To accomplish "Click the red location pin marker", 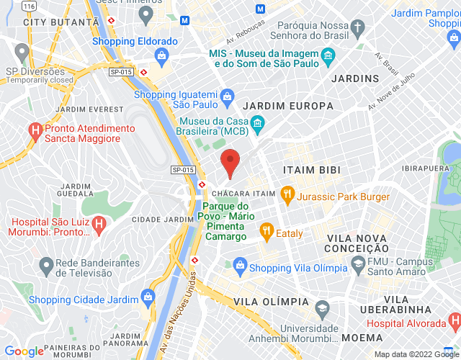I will (230, 161).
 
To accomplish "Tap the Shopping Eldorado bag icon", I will (163, 55).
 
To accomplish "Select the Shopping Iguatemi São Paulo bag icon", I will (228, 95).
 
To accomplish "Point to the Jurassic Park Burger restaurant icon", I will (287, 193).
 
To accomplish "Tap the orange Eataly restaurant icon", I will (266, 232).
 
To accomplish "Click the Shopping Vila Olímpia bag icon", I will (239, 267).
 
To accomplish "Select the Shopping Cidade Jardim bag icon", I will (148, 296).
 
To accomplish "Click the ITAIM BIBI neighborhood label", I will (312, 169).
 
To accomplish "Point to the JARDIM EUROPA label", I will (288, 106).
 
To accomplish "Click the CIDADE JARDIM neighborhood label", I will (156, 219).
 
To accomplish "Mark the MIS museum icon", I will (328, 56).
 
